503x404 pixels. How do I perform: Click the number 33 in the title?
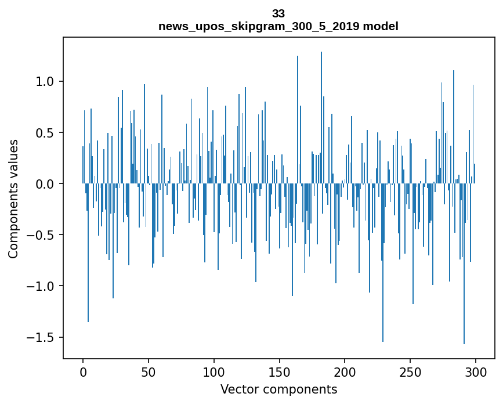pos(278,14)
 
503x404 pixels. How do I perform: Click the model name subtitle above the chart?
pos(278,26)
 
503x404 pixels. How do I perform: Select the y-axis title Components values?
pos(13,199)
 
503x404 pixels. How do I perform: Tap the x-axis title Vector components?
pos(278,389)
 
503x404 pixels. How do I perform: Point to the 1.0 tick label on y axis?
pos(45,82)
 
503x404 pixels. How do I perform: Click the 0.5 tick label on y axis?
pos(45,133)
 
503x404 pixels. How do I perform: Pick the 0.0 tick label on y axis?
pos(45,184)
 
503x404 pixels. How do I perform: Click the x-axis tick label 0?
pos(83,371)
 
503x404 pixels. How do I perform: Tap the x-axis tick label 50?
pos(149,371)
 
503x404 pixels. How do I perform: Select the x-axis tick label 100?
pos(214,371)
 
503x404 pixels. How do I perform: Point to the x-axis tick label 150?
pos(279,371)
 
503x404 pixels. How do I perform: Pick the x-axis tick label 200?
pos(345,371)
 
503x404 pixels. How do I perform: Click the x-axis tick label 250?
pos(410,371)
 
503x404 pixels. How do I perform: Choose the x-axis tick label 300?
pos(476,371)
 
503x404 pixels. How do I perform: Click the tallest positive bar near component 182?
pos(321,116)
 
